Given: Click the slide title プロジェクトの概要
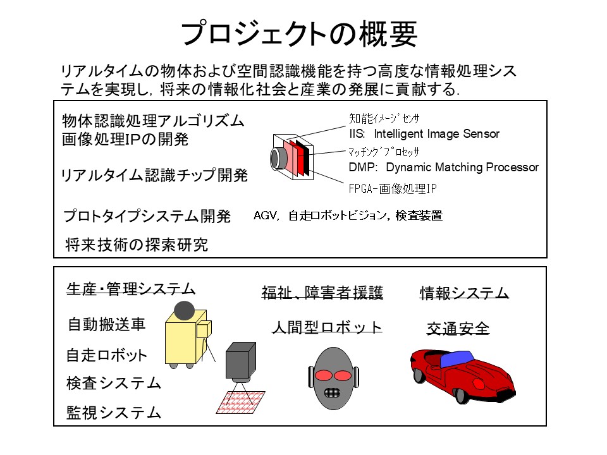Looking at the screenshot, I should [299, 33].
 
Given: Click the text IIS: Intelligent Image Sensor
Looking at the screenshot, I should [424, 134].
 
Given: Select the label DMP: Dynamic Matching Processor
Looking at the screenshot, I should [443, 167].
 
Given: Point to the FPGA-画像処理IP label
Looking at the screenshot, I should [393, 188].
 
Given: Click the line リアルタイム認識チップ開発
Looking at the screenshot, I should [154, 176].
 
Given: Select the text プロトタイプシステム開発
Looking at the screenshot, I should [147, 217].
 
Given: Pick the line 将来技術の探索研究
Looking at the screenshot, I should [136, 245].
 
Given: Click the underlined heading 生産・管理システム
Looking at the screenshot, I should [131, 289].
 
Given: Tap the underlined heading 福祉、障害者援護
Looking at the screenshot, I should [322, 293].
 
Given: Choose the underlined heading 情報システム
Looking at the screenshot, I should [465, 293].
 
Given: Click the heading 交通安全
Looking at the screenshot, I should [458, 329].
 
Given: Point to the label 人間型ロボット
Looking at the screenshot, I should [327, 327].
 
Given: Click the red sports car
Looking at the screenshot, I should [462, 376].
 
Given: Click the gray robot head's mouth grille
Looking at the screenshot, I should [332, 392].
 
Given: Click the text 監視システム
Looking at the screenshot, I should [114, 413].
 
